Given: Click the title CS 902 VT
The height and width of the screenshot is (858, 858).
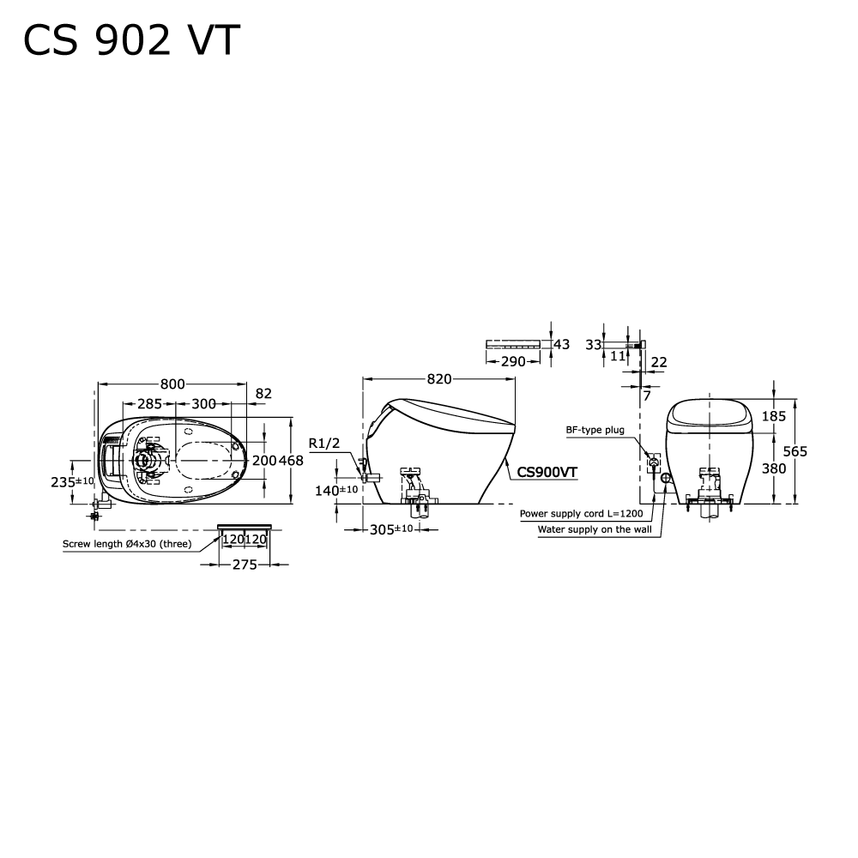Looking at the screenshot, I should (131, 40).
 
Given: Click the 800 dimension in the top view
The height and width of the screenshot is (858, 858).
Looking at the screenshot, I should (172, 384).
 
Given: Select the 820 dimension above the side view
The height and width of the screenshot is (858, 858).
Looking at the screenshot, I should (438, 379).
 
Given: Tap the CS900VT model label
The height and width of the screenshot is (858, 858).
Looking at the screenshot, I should (547, 470).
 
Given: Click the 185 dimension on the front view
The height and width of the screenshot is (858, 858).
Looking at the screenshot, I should (774, 416).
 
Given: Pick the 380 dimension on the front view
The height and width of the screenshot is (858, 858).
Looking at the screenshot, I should (774, 468).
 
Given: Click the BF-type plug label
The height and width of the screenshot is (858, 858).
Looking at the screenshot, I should (595, 431).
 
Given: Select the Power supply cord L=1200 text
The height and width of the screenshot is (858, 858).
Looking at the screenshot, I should (580, 513).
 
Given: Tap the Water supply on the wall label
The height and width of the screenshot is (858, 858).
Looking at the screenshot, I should (594, 530).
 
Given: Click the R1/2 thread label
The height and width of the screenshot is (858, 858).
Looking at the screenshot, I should (323, 444).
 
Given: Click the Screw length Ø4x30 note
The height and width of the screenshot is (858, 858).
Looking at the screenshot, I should (127, 544).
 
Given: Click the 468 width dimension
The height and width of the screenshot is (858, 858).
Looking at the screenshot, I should (292, 461).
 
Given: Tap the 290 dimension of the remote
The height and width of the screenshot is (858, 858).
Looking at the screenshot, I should (513, 362).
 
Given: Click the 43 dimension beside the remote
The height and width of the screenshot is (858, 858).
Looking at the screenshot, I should (561, 344).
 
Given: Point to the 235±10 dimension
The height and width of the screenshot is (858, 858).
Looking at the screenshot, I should (72, 481).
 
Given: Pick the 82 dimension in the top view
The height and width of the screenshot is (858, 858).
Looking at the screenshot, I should (263, 394).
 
